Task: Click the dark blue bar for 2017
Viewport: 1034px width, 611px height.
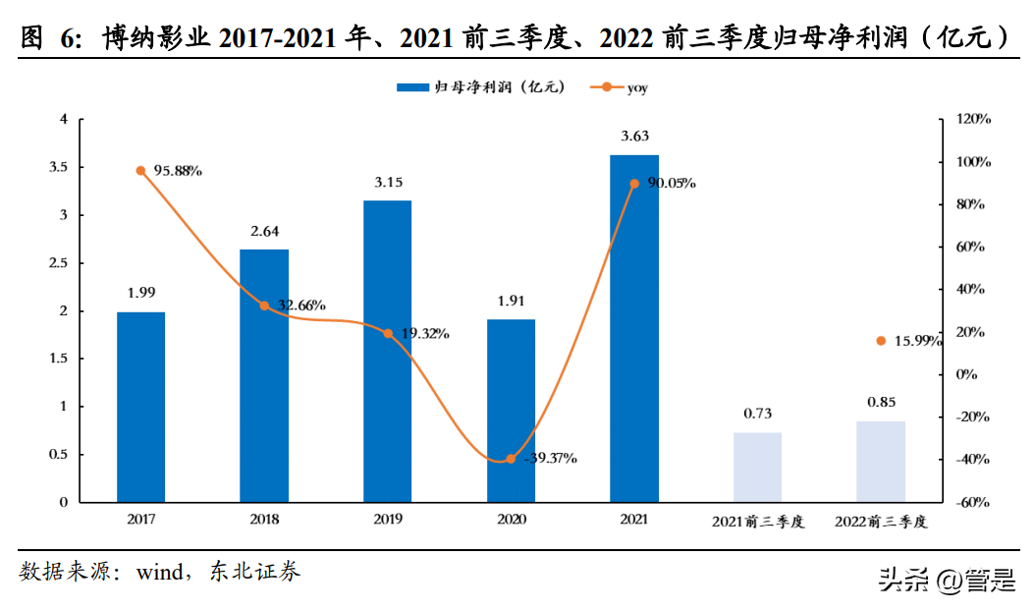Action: pos(140,407)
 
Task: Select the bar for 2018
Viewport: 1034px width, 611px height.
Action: pos(264,375)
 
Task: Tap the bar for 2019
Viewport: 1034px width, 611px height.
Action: pos(388,351)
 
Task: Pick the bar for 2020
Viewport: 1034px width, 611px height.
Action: pos(511,411)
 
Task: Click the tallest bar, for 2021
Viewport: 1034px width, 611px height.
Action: pos(634,328)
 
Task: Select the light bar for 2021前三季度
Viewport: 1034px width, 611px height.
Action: pos(757,468)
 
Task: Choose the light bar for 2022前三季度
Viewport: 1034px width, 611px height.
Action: pos(881,462)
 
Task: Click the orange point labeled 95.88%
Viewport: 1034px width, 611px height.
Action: pos(140,171)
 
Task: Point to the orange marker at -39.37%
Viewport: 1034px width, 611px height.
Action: pos(511,459)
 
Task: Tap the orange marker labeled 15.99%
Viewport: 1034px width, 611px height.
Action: pos(881,341)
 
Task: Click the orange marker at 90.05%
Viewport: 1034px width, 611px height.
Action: pos(634,184)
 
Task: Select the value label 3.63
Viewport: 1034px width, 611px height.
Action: pos(634,137)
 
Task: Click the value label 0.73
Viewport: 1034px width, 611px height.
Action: pos(757,414)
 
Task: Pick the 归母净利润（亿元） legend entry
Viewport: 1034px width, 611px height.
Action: pos(481,87)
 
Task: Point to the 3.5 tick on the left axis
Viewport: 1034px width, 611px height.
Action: pos(58,168)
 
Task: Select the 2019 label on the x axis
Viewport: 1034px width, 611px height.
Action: pos(388,521)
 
